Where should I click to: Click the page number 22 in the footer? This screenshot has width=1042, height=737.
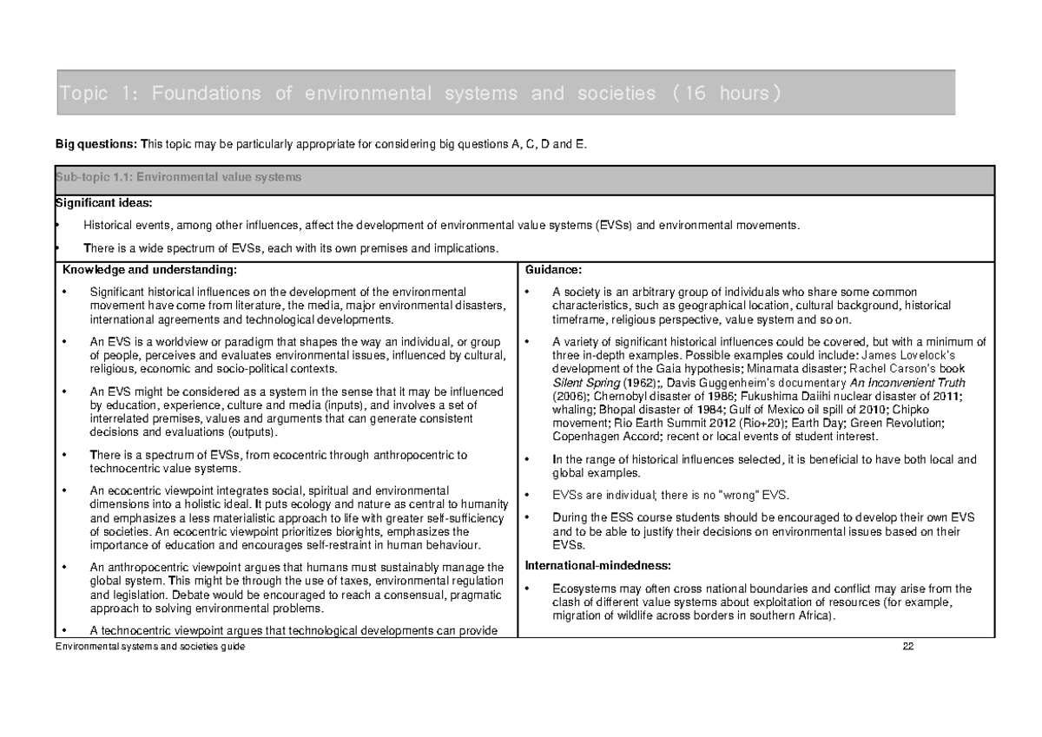pyautogui.click(x=909, y=648)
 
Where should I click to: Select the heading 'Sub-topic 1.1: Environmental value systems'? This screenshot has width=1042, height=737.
pyautogui.click(x=178, y=177)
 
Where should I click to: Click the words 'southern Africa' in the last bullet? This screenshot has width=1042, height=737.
pyautogui.click(x=790, y=616)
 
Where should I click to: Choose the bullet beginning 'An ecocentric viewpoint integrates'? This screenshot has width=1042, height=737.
pyautogui.click(x=269, y=490)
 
